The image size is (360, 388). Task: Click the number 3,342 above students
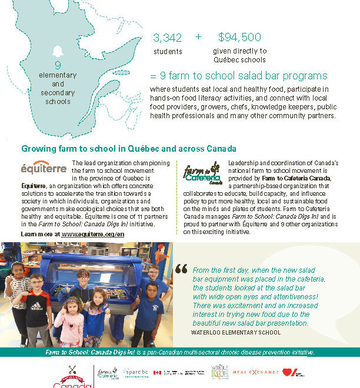click(x=167, y=38)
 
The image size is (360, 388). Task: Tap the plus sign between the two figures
click(x=198, y=36)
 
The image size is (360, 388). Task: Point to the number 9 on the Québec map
click(x=58, y=65)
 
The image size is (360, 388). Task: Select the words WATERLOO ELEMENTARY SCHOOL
click(x=235, y=332)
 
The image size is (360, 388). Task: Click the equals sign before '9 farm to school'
click(x=154, y=76)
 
